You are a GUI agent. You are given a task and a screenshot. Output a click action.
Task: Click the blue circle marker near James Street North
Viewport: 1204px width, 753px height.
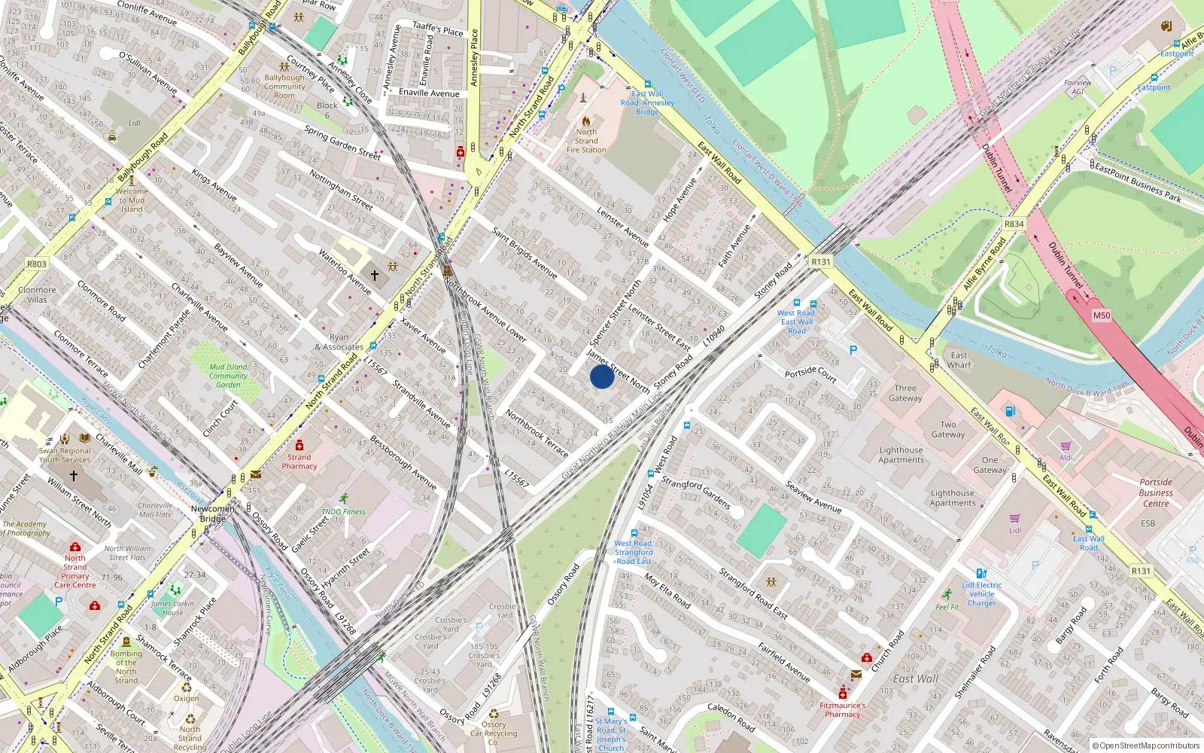coord(601,376)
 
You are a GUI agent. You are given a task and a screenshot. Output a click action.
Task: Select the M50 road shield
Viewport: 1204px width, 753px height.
coord(1101,316)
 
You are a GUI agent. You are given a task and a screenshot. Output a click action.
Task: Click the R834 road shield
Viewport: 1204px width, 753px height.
coord(1014,224)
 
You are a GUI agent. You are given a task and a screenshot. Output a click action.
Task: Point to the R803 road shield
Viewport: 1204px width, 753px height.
coord(36,264)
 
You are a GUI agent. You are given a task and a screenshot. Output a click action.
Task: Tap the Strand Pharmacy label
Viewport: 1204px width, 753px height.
coord(299,462)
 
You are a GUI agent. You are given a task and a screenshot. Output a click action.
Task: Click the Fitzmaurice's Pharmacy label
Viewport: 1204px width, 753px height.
coord(842,709)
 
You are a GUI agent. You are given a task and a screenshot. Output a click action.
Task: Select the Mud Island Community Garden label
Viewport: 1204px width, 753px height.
coord(228,376)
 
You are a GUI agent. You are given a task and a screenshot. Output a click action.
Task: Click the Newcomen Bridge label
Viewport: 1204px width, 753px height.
coord(212,514)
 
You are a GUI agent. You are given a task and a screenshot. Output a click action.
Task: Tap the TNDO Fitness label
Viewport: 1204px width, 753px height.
coord(343,511)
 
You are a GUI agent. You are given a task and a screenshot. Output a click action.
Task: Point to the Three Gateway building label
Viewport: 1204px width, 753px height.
coord(905,393)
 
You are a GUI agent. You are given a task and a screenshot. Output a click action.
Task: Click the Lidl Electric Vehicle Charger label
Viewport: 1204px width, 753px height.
coord(981,593)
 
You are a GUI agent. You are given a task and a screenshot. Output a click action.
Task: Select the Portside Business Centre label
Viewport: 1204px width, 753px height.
coord(1156,492)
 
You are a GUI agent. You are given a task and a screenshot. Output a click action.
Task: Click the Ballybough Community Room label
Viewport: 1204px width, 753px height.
coord(284,87)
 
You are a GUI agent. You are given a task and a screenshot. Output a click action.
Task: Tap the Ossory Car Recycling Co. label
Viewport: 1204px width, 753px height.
coord(494,733)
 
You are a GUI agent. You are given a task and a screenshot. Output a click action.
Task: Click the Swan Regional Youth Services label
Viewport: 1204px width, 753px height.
coord(65,455)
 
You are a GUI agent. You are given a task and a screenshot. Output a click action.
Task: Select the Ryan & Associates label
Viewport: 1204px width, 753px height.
coord(339,343)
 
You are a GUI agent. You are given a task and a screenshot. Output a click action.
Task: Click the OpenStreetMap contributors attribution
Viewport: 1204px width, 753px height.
coord(1146,745)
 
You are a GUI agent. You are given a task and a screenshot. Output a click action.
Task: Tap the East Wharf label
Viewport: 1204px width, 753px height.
coord(959,360)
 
